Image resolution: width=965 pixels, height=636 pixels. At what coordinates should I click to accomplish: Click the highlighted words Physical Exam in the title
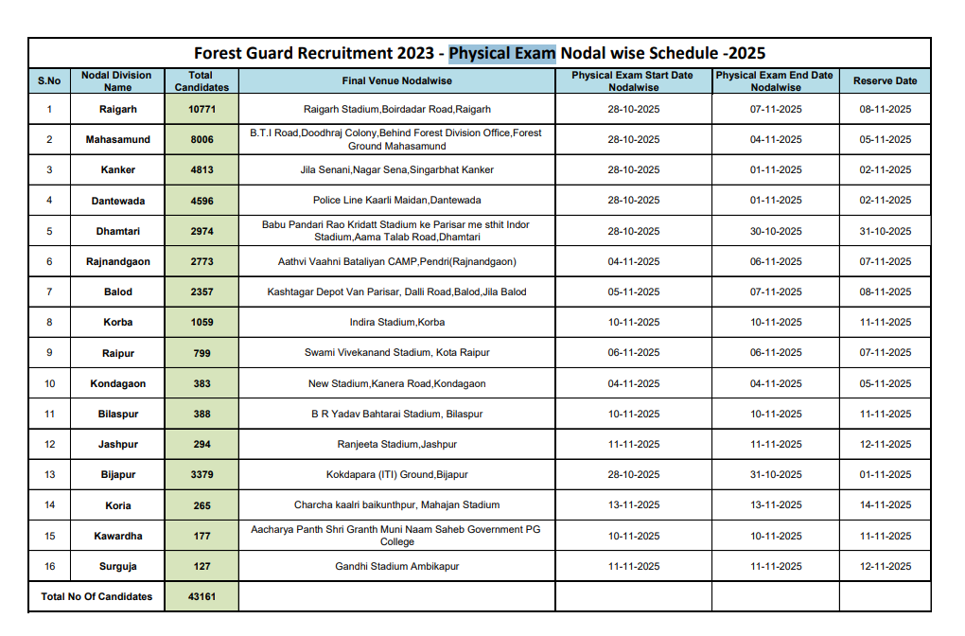[x=501, y=53]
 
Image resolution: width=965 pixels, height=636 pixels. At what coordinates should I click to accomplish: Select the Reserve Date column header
[x=885, y=81]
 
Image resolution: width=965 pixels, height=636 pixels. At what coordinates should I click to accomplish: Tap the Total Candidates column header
[x=202, y=81]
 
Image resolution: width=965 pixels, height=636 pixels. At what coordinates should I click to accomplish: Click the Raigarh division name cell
[x=118, y=110]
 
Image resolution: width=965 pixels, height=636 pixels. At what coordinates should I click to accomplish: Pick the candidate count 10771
[x=202, y=110]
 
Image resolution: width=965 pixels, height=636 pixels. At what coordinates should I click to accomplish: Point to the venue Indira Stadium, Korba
[x=396, y=323]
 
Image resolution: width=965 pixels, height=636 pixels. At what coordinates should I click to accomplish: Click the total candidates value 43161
[x=202, y=597]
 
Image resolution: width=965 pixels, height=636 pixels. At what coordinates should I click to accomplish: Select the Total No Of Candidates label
[x=96, y=597]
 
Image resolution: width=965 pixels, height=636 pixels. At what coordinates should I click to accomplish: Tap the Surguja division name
[x=118, y=567]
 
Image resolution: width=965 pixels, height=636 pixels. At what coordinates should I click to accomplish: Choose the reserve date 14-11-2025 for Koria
[x=885, y=505]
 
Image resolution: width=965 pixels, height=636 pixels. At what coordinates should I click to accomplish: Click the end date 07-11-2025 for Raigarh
[x=776, y=110]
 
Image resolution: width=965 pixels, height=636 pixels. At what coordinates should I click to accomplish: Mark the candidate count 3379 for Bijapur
[x=202, y=475]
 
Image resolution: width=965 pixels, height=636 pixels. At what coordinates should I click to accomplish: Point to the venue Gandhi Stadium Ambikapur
[x=396, y=567]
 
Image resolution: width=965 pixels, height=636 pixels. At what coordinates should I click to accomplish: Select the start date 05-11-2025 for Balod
[x=634, y=292]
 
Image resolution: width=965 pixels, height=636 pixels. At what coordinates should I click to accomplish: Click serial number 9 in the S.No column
[x=49, y=353]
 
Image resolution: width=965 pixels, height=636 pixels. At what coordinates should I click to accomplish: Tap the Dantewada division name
[x=118, y=201]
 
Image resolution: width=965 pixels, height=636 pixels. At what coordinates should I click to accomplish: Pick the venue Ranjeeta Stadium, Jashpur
[x=396, y=445]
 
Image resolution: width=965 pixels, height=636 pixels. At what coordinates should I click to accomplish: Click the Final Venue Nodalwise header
[x=396, y=81]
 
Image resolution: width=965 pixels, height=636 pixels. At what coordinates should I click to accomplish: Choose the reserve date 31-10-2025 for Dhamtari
[x=885, y=232]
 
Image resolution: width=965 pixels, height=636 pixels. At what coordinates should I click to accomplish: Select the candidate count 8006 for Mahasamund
[x=202, y=140]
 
